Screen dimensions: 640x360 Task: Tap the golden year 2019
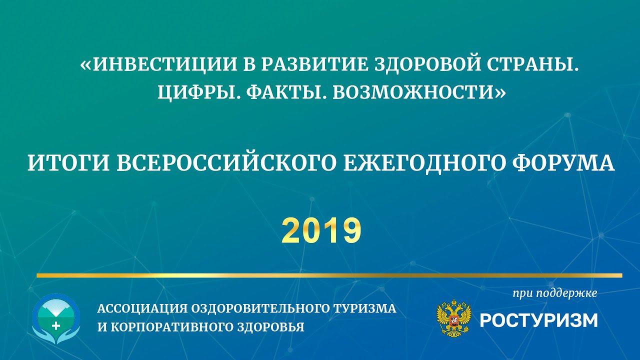[321, 230]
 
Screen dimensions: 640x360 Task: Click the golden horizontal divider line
[329, 275]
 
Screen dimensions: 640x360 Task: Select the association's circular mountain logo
[56, 318]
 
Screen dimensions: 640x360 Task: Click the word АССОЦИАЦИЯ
[142, 308]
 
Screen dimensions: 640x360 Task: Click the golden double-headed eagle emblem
[453, 318]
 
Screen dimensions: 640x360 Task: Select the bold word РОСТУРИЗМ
[538, 320]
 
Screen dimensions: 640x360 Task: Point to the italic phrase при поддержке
[555, 293]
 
